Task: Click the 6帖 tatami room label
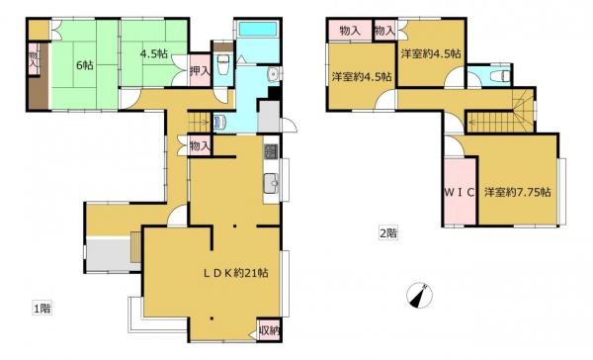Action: point(85,65)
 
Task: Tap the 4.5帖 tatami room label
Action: point(154,53)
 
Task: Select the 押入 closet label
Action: point(200,71)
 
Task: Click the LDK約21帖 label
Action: point(236,273)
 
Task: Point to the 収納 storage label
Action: point(269,330)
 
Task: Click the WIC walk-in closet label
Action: point(460,192)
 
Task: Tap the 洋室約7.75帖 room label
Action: point(517,192)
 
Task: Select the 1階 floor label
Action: point(42,309)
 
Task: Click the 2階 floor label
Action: point(388,233)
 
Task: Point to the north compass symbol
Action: point(420,295)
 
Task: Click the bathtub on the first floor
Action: point(257,29)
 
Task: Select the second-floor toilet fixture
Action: point(498,77)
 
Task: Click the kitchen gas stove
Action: point(271,151)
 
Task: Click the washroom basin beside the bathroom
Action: point(273,74)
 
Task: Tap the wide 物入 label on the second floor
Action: point(350,31)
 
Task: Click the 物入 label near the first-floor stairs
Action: point(200,145)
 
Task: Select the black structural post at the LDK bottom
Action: point(212,318)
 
